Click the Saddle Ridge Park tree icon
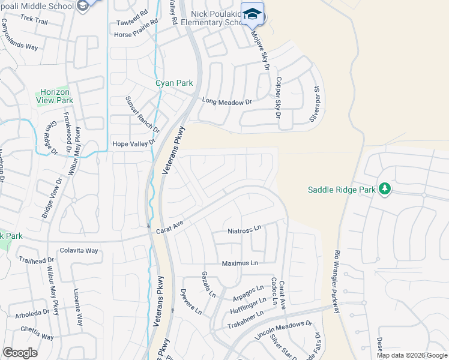tap(385, 190)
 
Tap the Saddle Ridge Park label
tap(341, 190)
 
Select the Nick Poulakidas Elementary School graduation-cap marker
tap(253, 14)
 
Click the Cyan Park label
tap(175, 83)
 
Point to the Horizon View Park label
tap(56, 96)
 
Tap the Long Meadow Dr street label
tap(226, 102)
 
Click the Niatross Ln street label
tap(245, 229)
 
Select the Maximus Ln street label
tap(240, 263)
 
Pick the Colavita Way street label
tap(79, 250)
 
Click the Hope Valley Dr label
tap(134, 143)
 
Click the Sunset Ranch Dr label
tap(143, 114)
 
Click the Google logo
tap(20, 353)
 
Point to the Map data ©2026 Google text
tap(411, 355)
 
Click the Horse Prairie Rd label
tap(136, 35)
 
